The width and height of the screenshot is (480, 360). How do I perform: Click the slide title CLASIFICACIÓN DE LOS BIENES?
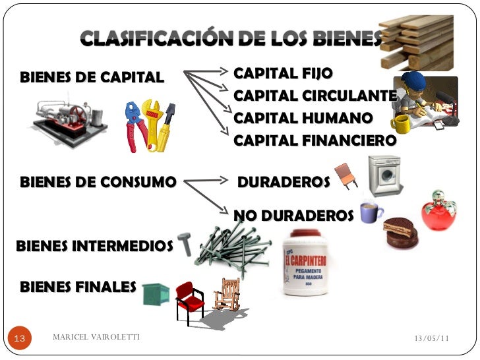pos(231,40)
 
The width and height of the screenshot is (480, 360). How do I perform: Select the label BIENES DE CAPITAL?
pos(92,77)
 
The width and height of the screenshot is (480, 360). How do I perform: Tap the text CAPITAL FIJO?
pos(284,73)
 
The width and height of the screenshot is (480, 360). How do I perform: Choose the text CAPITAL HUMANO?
pos(303,118)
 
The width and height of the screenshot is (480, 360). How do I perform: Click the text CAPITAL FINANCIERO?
pos(315,140)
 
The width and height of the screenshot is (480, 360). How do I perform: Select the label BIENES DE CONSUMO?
pos(99,181)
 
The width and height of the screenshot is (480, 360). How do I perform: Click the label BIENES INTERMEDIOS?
pos(94,246)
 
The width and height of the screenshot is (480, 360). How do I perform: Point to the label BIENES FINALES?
pos(78,287)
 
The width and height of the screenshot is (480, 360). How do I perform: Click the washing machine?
pos(384,175)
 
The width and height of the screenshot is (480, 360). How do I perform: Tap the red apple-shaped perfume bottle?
pos(439,212)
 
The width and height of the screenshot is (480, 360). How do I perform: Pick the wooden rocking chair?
pos(227,295)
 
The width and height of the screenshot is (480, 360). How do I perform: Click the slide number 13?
pos(19,338)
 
